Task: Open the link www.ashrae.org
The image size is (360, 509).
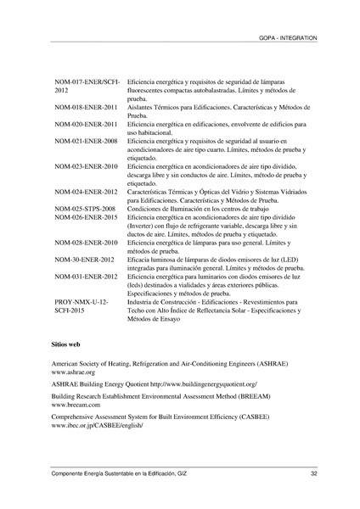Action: (73, 372)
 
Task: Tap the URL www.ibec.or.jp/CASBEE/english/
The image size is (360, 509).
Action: (97, 428)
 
